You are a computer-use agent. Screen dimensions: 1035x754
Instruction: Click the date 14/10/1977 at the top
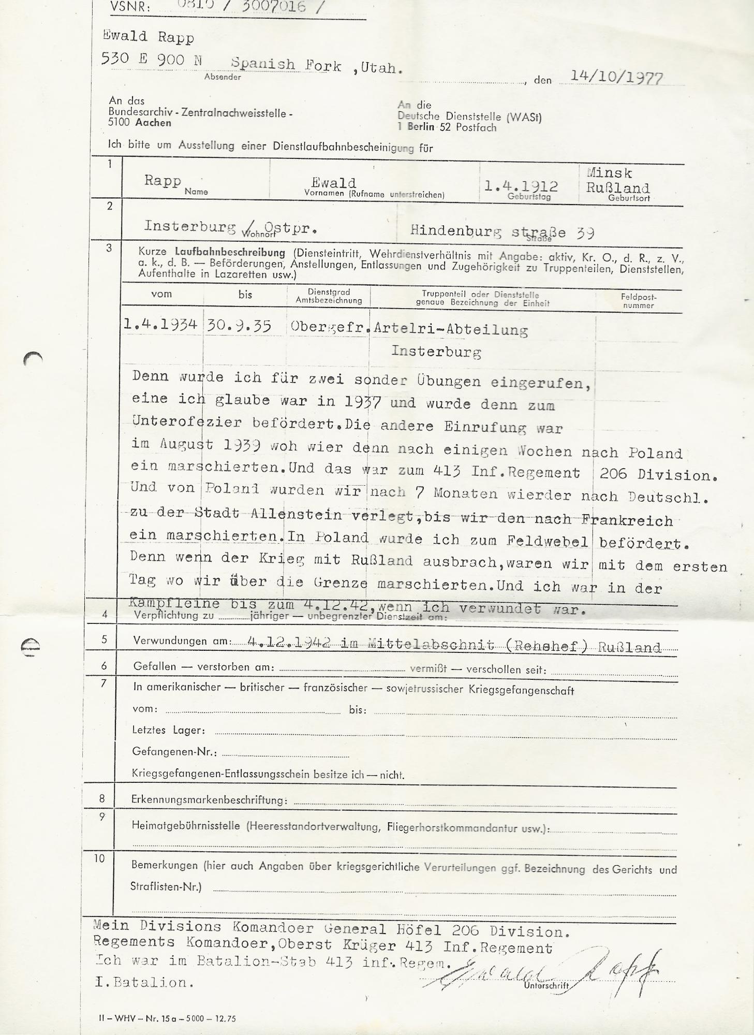click(x=616, y=77)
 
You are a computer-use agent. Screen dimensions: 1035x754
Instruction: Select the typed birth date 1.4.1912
click(x=521, y=186)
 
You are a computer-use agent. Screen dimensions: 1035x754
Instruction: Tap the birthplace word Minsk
click(x=610, y=173)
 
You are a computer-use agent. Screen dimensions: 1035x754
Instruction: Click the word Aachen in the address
click(x=153, y=123)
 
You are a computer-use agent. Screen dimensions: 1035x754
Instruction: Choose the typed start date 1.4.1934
click(x=160, y=325)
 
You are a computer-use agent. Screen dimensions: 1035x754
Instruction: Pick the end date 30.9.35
click(x=240, y=326)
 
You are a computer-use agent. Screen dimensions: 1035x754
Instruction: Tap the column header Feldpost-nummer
click(x=639, y=301)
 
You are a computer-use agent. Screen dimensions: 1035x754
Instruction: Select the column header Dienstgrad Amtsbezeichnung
click(x=329, y=296)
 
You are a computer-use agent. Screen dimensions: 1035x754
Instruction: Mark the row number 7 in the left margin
click(x=104, y=683)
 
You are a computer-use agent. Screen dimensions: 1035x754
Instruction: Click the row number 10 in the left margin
click(x=99, y=858)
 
